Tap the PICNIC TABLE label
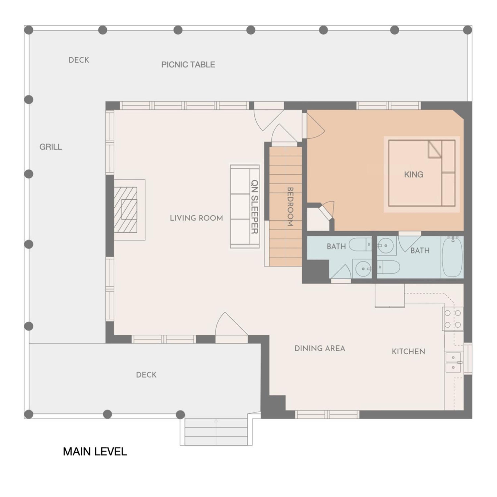[188, 65]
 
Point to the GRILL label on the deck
[51, 147]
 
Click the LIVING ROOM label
[196, 218]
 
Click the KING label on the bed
[413, 174]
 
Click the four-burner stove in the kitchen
[453, 319]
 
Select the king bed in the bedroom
[422, 173]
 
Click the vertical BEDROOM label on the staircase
[290, 207]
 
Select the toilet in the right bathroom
[388, 267]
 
